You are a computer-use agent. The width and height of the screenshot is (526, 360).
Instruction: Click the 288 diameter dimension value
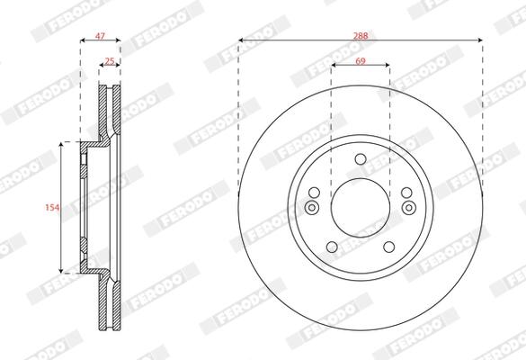(x=361, y=36)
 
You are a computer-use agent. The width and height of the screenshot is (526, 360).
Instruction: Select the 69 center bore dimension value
(x=361, y=61)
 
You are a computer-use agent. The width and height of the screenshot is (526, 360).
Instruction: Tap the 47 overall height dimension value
(x=100, y=36)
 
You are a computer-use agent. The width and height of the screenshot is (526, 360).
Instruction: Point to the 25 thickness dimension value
(x=110, y=61)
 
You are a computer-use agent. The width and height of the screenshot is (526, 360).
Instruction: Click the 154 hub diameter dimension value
(x=52, y=208)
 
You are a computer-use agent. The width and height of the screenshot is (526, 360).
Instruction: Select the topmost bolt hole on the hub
(x=361, y=158)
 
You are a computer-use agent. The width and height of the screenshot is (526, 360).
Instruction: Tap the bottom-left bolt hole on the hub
(x=332, y=247)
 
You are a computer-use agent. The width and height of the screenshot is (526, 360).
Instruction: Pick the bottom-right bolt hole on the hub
(x=388, y=247)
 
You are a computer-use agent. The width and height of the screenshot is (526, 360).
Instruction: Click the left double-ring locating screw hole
(x=312, y=208)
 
